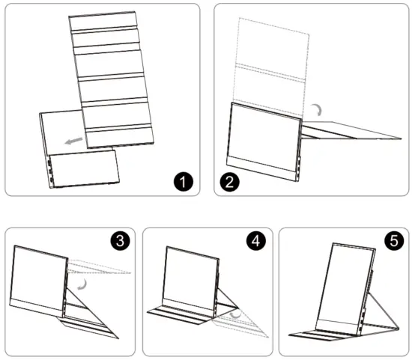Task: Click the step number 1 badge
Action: pos(184,181)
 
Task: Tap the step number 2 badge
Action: pos(230,182)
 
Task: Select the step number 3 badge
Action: pos(120,240)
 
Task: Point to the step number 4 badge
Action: pos(256,240)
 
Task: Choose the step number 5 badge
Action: pos(394,240)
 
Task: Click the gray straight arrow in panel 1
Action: pos(73,141)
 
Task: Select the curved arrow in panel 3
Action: pos(83,285)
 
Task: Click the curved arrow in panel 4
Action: pos(236,314)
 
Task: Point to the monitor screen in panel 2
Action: pos(265,137)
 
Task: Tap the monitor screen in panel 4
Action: pos(191,278)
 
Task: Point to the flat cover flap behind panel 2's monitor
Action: pos(351,130)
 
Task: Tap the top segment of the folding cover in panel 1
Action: pos(103,21)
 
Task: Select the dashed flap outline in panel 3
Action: pos(99,267)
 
